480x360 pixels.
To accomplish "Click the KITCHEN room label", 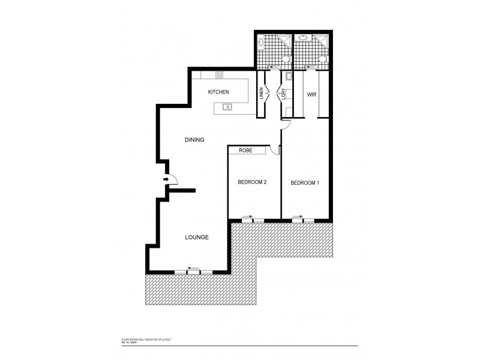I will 218,92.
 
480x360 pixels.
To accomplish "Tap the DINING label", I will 194,140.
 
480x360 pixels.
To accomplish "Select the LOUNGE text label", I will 197,237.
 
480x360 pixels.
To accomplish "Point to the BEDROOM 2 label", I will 253,182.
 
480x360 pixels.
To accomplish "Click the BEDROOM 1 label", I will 305,182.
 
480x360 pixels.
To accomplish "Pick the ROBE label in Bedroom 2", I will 245,150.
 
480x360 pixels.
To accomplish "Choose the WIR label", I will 311,95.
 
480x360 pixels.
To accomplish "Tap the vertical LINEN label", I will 262,94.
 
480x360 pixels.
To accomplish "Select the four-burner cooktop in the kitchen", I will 219,76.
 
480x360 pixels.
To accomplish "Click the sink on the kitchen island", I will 227,107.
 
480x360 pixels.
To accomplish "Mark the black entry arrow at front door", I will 166,179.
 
